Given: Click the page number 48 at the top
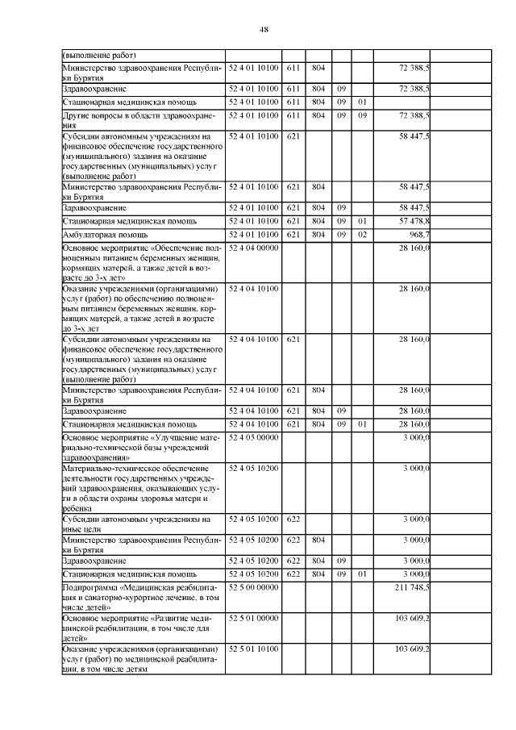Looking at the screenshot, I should [264, 30].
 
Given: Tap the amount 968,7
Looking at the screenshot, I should [418, 234].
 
